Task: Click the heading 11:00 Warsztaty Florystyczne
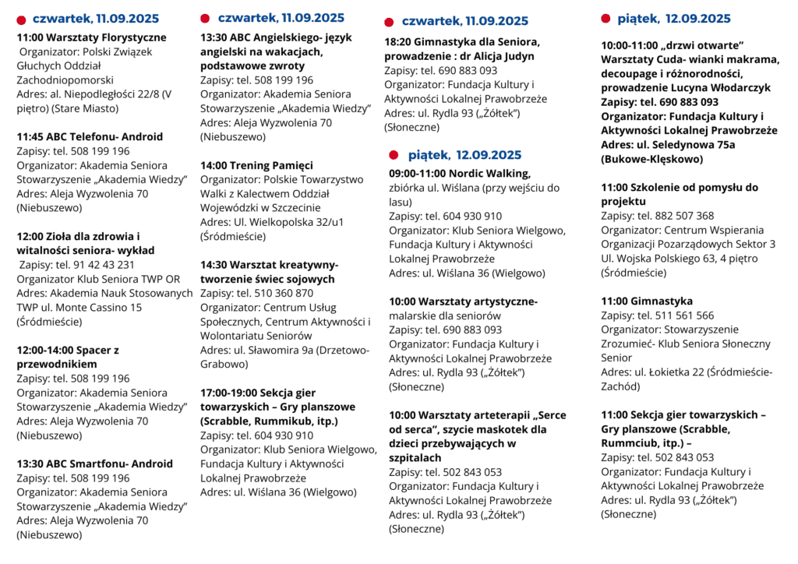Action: point(91,37)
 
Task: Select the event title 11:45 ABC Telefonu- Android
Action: point(90,136)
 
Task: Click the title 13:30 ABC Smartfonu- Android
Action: point(94,464)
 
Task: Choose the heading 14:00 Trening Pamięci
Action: point(256,165)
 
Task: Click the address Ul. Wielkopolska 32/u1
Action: point(288,222)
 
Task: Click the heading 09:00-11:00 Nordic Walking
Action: point(459,174)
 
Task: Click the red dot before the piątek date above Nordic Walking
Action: point(394,155)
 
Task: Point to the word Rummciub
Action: point(631,443)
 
